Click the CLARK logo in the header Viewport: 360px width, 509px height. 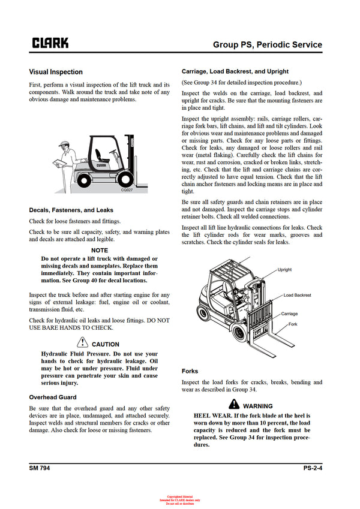click(50, 43)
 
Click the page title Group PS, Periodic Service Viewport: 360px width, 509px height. click(268, 45)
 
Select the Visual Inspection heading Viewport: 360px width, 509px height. click(56, 72)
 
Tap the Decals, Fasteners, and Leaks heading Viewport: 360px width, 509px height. click(71, 210)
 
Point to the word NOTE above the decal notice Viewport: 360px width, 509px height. click(100, 250)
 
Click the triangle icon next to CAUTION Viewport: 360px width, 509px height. click(83, 344)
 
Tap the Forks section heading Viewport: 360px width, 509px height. click(190, 371)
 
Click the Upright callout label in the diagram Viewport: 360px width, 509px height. click(285, 270)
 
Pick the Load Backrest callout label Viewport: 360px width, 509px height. click(297, 295)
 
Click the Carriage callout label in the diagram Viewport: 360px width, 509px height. click(290, 314)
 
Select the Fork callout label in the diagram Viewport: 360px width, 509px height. click(293, 324)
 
